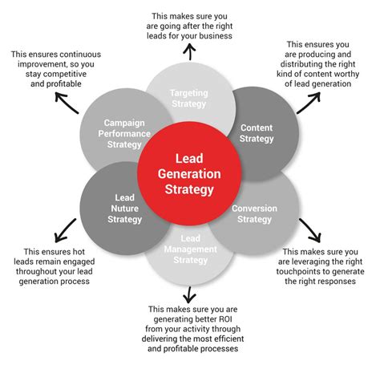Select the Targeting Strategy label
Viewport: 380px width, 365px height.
coord(189,99)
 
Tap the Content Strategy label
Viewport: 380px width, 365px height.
coord(257,133)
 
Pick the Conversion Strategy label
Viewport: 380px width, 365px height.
coord(254,214)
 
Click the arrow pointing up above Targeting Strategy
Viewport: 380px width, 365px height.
coord(189,51)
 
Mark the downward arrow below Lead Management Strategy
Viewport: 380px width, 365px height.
coord(189,293)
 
